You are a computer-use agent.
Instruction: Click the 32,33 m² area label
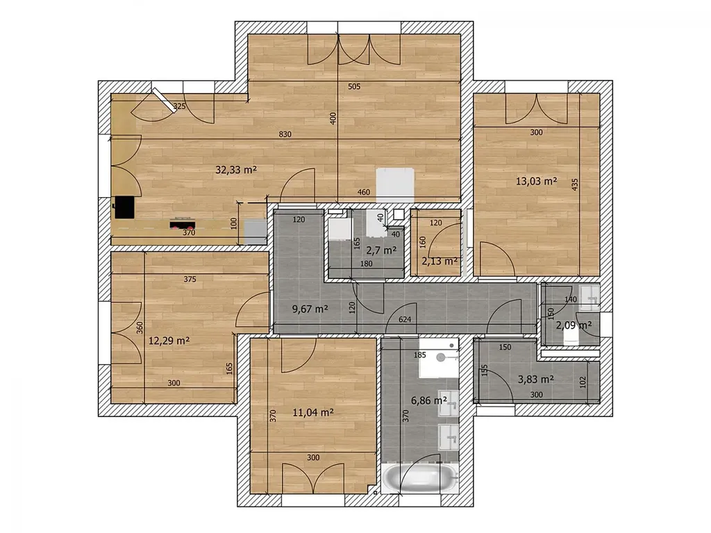coord(236,170)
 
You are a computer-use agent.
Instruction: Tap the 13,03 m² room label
coord(537,181)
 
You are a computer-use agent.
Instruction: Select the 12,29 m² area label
coord(169,340)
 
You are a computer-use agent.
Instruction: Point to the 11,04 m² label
coord(313,412)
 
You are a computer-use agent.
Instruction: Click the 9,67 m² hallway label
coord(310,309)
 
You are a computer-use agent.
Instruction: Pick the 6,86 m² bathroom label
coord(429,400)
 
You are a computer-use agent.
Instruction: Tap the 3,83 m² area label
coord(536,379)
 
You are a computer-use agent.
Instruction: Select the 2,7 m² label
coord(381,250)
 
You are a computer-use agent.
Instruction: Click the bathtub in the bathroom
coord(420,478)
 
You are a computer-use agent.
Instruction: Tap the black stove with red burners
coord(183,223)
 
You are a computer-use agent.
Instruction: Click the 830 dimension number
coord(285,134)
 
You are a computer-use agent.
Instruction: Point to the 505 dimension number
coord(354,86)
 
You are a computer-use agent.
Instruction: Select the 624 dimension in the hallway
coord(405,319)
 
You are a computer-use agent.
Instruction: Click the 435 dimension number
coord(575,184)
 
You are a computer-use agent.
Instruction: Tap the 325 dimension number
coord(180,106)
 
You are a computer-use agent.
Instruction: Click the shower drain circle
coord(441,357)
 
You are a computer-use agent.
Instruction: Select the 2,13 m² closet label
coord(440,261)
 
